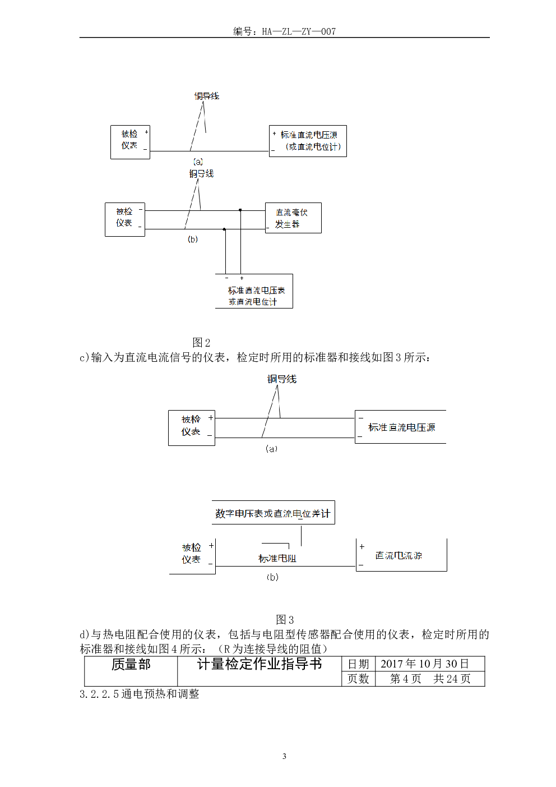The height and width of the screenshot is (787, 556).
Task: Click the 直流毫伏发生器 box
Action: (293, 218)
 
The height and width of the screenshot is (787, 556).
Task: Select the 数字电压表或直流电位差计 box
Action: (273, 513)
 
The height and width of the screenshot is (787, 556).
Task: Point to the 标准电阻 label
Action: (277, 559)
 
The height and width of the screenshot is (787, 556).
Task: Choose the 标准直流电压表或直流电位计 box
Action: (254, 291)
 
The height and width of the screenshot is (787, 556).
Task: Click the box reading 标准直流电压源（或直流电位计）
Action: (308, 141)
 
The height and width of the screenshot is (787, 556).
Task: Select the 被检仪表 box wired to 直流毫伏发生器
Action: (125, 219)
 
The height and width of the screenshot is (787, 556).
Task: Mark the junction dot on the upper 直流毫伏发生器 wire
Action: (240, 210)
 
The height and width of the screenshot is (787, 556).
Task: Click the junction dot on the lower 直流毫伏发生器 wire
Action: (224, 229)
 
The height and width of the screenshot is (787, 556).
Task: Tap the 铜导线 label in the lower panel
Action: (282, 379)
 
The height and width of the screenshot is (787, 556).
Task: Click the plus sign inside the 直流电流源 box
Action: (362, 546)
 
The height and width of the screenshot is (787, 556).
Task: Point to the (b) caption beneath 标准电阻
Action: (272, 577)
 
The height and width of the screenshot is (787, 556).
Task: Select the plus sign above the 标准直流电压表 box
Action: (242, 278)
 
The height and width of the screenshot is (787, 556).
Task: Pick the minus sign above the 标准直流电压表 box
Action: (226, 278)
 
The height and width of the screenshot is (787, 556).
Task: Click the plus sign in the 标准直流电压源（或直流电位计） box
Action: (274, 134)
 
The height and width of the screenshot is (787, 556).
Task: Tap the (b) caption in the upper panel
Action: (193, 240)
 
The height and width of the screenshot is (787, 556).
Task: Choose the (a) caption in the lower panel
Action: (271, 449)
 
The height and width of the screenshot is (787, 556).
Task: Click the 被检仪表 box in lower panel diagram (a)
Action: (192, 428)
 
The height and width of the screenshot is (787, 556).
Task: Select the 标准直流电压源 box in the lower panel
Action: (400, 427)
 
